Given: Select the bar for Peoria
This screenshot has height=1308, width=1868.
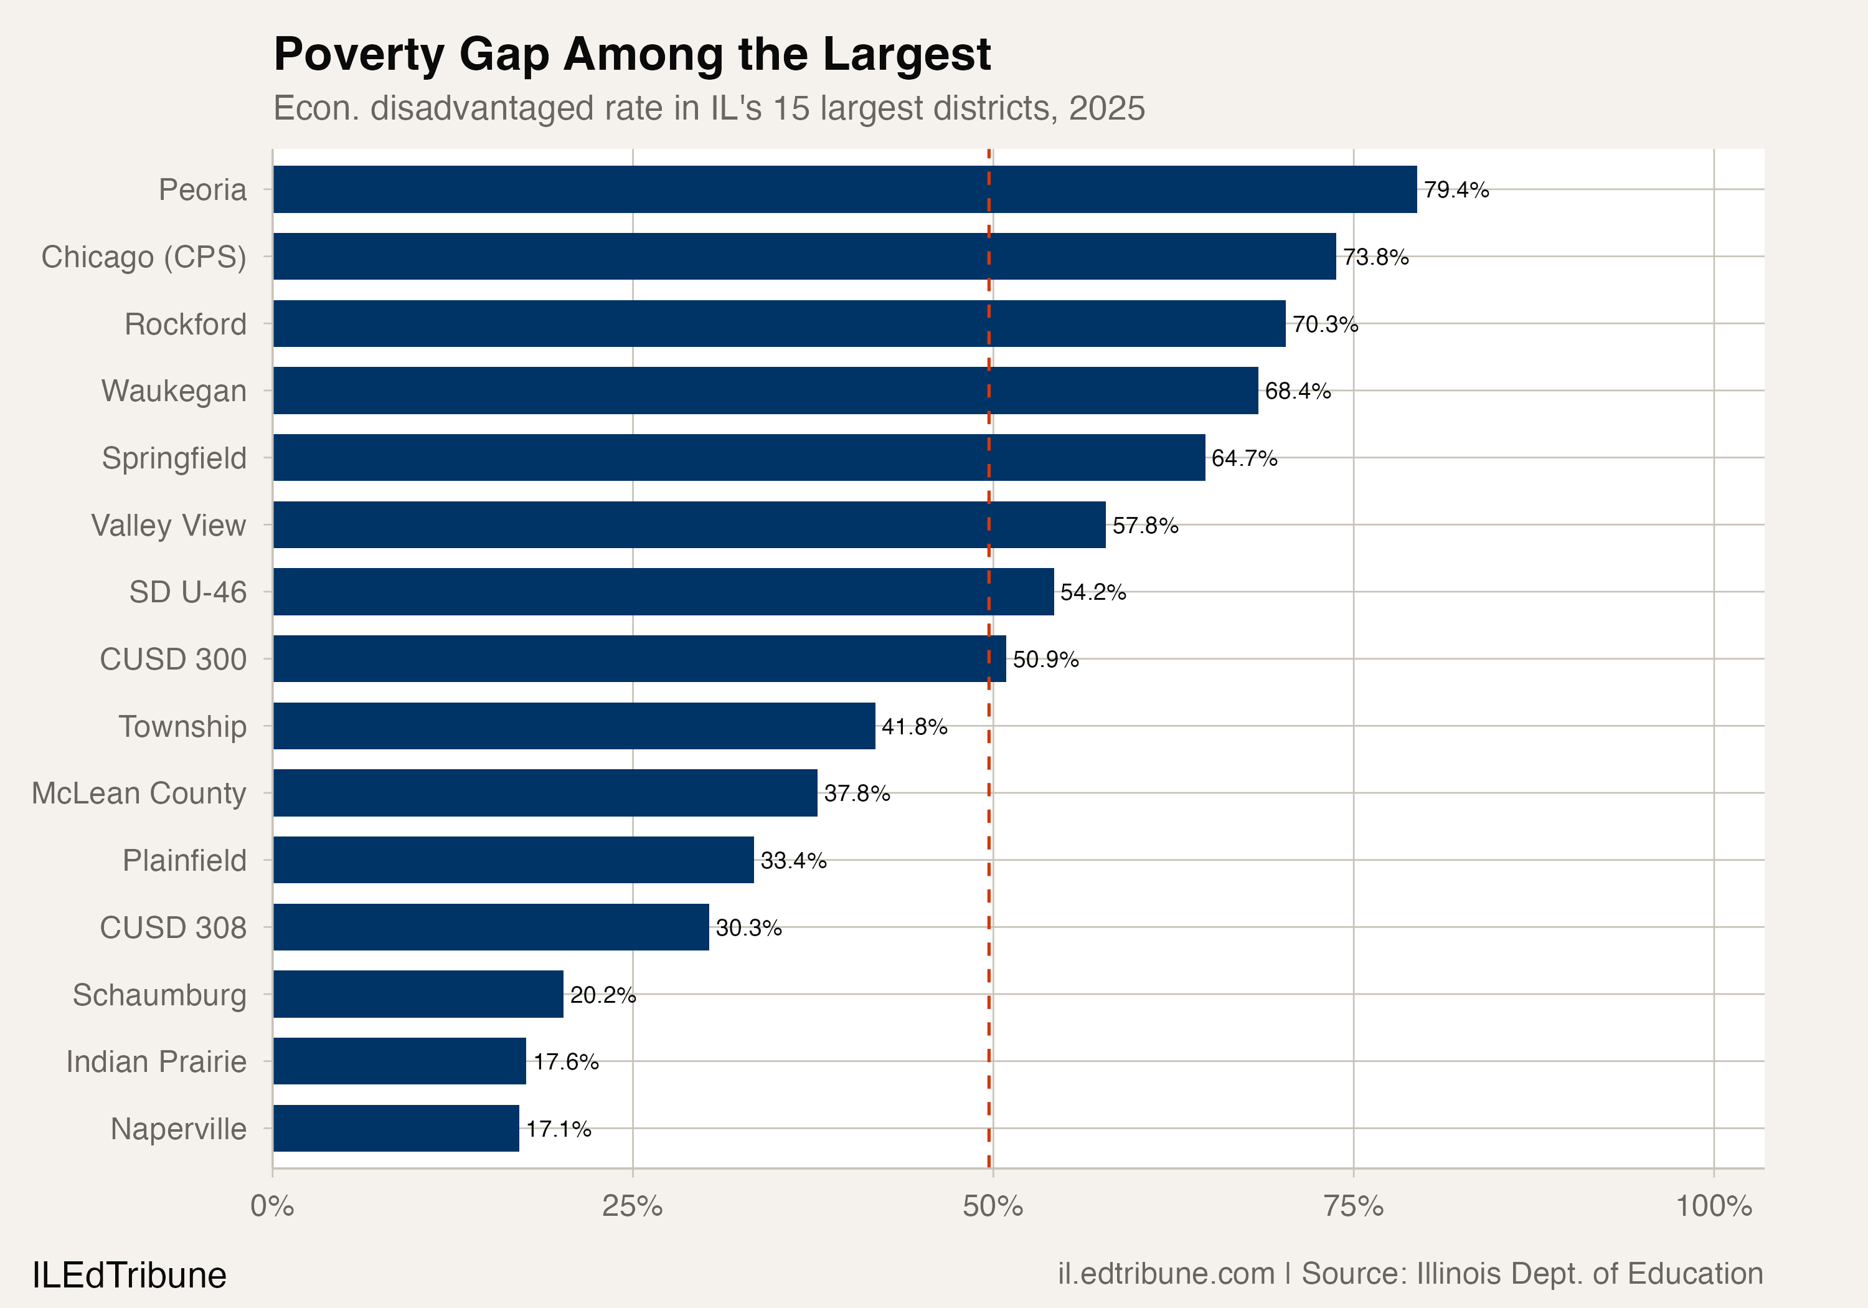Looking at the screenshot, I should (844, 189).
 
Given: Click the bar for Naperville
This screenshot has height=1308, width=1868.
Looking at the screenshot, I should (395, 1128).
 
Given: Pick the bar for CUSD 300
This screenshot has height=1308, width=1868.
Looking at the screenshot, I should (639, 658).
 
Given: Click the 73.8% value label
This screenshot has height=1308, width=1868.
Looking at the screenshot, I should (1375, 257).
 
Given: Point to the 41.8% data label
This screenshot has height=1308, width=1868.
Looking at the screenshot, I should (913, 726).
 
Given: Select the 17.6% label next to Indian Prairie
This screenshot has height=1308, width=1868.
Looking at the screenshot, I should (565, 1061).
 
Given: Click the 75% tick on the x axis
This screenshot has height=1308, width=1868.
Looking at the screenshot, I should (1353, 1206).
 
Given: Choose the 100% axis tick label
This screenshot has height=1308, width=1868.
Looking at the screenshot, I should (1712, 1206).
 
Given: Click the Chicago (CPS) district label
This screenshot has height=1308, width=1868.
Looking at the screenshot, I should (144, 257).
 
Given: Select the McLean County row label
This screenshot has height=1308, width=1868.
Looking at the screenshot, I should (138, 793).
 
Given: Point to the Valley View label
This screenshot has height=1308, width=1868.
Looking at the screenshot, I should (168, 525).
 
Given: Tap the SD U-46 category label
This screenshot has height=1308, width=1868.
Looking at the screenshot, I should (187, 592).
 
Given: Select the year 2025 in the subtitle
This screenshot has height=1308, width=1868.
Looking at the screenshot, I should (1106, 108).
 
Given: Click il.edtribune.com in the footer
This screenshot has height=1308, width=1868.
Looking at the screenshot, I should (1165, 1274).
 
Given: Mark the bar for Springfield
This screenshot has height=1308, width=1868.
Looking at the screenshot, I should (738, 457).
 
